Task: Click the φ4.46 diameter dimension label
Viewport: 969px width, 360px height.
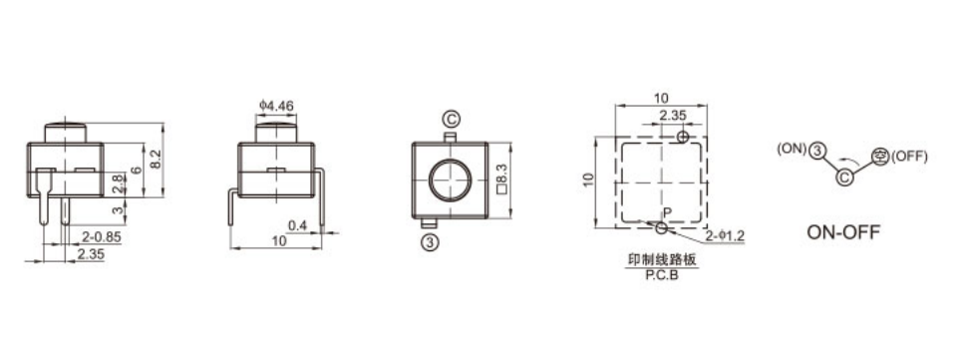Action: (276, 107)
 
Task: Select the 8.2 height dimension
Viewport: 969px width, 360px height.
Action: (156, 160)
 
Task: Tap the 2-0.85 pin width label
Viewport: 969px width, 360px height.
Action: (101, 237)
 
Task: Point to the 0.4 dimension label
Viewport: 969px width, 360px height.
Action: (297, 225)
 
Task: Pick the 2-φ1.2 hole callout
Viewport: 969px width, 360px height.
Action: (725, 235)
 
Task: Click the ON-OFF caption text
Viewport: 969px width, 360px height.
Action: (843, 232)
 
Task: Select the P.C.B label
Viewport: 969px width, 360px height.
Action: (662, 276)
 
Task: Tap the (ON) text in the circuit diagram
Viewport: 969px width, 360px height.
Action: (792, 149)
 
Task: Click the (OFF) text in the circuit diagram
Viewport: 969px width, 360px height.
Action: (909, 157)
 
